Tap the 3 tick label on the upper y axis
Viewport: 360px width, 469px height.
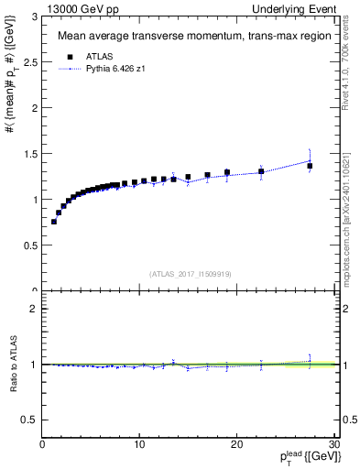[34, 16]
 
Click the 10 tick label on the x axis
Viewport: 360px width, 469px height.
[139, 446]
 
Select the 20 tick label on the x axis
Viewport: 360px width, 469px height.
[236, 446]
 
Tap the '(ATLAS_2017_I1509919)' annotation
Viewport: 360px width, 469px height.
[189, 273]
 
